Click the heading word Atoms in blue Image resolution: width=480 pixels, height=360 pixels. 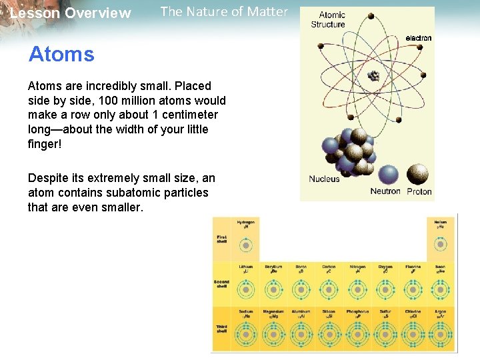pyautogui.click(x=61, y=54)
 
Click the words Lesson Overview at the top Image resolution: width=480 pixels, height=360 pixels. pyautogui.click(x=71, y=13)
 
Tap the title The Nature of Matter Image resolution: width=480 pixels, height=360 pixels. pyautogui.click(x=224, y=11)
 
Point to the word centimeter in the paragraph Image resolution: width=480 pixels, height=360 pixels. pyautogui.click(x=189, y=115)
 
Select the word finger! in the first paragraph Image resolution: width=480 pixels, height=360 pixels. pyautogui.click(x=44, y=143)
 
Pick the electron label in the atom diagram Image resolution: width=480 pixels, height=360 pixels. pyautogui.click(x=418, y=38)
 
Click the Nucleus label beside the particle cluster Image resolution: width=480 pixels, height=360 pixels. pyautogui.click(x=324, y=179)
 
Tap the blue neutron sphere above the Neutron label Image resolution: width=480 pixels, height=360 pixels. pyautogui.click(x=386, y=175)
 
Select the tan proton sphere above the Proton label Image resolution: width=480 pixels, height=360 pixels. pyautogui.click(x=419, y=174)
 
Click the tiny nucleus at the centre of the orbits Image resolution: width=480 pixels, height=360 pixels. pyautogui.click(x=374, y=75)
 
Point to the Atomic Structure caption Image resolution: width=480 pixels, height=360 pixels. pyautogui.click(x=328, y=20)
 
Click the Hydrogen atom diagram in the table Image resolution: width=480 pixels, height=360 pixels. pyautogui.click(x=246, y=245)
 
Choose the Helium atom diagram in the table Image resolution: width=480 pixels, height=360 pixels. pyautogui.click(x=440, y=245)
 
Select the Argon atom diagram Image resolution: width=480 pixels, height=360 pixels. pyautogui.click(x=440, y=333)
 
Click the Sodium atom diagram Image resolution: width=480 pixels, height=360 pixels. pyautogui.click(x=246, y=333)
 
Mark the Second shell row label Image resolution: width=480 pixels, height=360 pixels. pyautogui.click(x=221, y=283)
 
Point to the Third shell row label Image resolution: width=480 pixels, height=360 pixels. pyautogui.click(x=221, y=328)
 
